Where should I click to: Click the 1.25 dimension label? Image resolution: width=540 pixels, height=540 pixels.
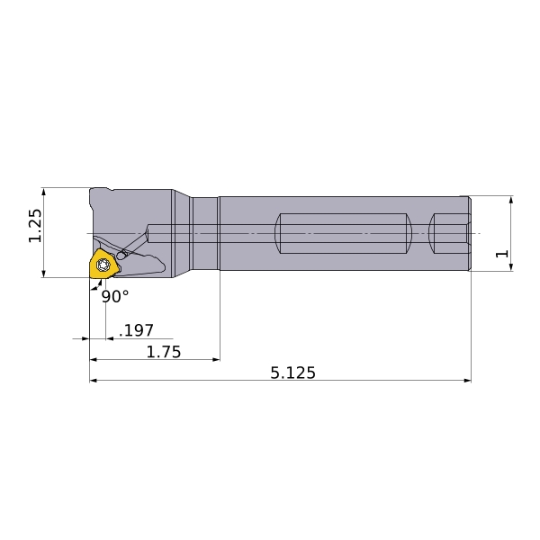[35, 226]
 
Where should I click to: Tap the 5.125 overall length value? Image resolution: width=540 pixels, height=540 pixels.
[292, 373]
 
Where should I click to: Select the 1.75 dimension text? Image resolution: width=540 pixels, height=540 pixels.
[164, 352]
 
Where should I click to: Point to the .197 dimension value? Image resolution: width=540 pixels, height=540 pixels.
[136, 330]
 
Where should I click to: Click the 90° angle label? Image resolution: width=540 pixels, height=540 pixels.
[115, 296]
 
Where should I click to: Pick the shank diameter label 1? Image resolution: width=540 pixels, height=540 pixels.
[502, 254]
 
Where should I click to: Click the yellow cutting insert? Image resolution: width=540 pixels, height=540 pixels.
[104, 264]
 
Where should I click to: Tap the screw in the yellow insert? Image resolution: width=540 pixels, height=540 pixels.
[103, 265]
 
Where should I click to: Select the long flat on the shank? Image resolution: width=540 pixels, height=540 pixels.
[343, 233]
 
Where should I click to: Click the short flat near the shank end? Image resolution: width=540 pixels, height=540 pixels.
[450, 233]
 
